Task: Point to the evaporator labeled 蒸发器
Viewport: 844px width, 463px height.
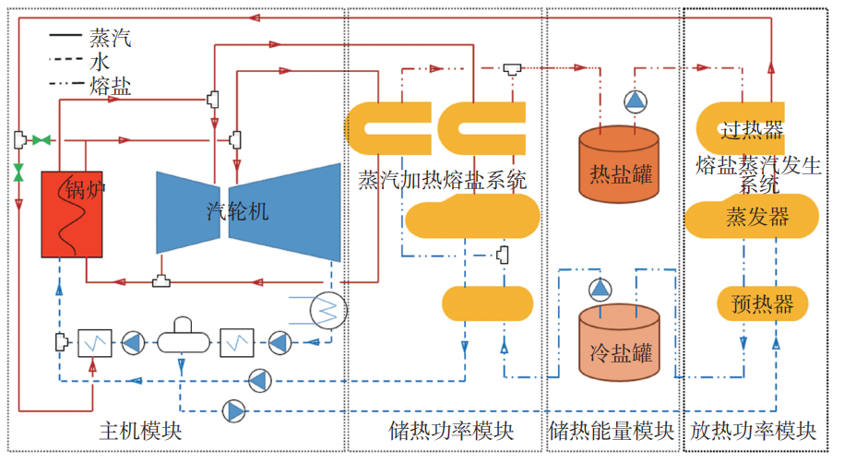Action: tap(751, 219)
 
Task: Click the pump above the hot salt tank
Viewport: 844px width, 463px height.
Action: tap(635, 101)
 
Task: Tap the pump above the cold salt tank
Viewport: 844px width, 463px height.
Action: tap(600, 289)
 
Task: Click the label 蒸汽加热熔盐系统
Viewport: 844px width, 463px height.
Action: tap(442, 180)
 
